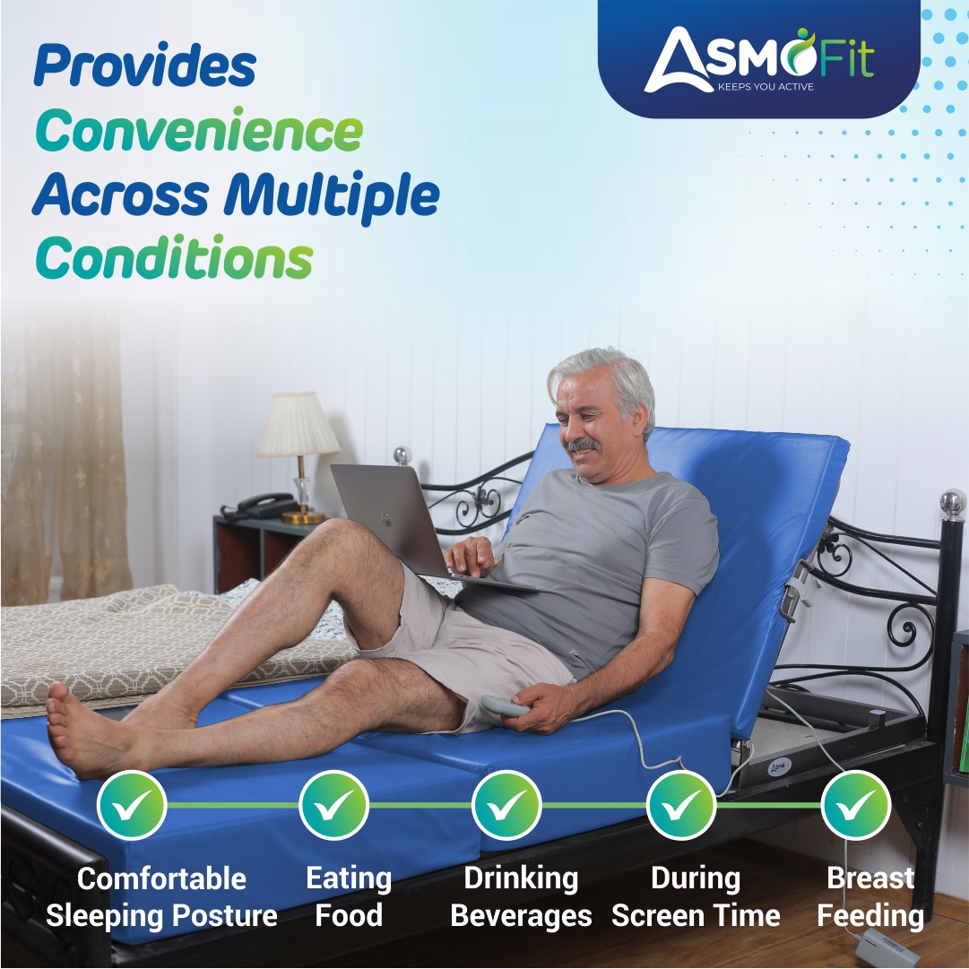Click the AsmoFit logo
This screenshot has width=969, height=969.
(x=757, y=59)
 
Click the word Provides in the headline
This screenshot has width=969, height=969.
(x=145, y=65)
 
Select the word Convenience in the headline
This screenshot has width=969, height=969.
(x=199, y=131)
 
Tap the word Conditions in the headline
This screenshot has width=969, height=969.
(x=174, y=260)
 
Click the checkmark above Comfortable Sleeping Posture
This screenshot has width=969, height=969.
(x=132, y=805)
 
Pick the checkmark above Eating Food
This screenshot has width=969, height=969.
(x=333, y=805)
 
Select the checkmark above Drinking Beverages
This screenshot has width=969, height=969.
(x=506, y=805)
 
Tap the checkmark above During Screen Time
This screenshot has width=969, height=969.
(x=681, y=805)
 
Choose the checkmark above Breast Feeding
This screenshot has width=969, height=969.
(x=856, y=805)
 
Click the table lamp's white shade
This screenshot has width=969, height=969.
(x=298, y=425)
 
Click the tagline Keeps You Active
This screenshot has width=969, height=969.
(x=766, y=87)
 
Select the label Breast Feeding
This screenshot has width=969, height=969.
(x=870, y=897)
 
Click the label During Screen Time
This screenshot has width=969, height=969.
(x=696, y=897)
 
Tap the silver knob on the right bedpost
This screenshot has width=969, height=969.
(x=952, y=502)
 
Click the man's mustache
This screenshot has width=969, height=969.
(x=583, y=445)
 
